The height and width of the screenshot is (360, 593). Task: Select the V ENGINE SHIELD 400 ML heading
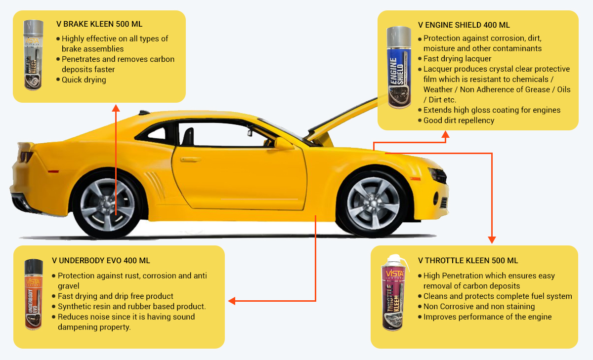[x=464, y=25]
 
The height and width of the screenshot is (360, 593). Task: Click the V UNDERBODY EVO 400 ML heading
[x=101, y=260]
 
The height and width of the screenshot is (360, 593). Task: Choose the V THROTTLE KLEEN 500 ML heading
[x=468, y=260]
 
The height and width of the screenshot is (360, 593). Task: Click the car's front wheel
[x=373, y=202]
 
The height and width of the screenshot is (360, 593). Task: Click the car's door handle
[x=191, y=160]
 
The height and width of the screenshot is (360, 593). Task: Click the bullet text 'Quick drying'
[x=84, y=80]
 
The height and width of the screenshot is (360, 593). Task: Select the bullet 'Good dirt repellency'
[x=459, y=120]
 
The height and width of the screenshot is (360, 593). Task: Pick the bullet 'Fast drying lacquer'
[x=457, y=59]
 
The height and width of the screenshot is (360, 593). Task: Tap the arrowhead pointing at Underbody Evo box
[x=231, y=300]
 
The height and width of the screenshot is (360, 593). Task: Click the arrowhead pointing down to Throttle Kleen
[x=492, y=240]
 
